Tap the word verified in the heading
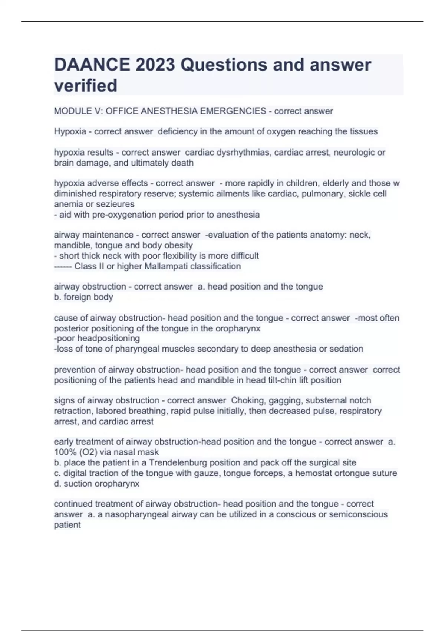[x=86, y=86]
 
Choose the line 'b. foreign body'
[x=83, y=297]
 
